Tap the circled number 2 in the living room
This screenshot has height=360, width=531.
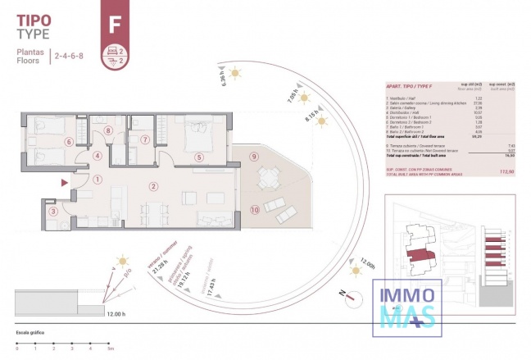(153, 186)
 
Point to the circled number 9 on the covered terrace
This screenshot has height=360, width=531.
(254, 157)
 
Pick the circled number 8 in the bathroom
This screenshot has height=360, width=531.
(108, 130)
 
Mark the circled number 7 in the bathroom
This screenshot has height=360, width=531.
(144, 139)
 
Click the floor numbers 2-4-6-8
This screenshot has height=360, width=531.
(69, 56)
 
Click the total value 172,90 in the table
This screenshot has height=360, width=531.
(506, 171)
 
